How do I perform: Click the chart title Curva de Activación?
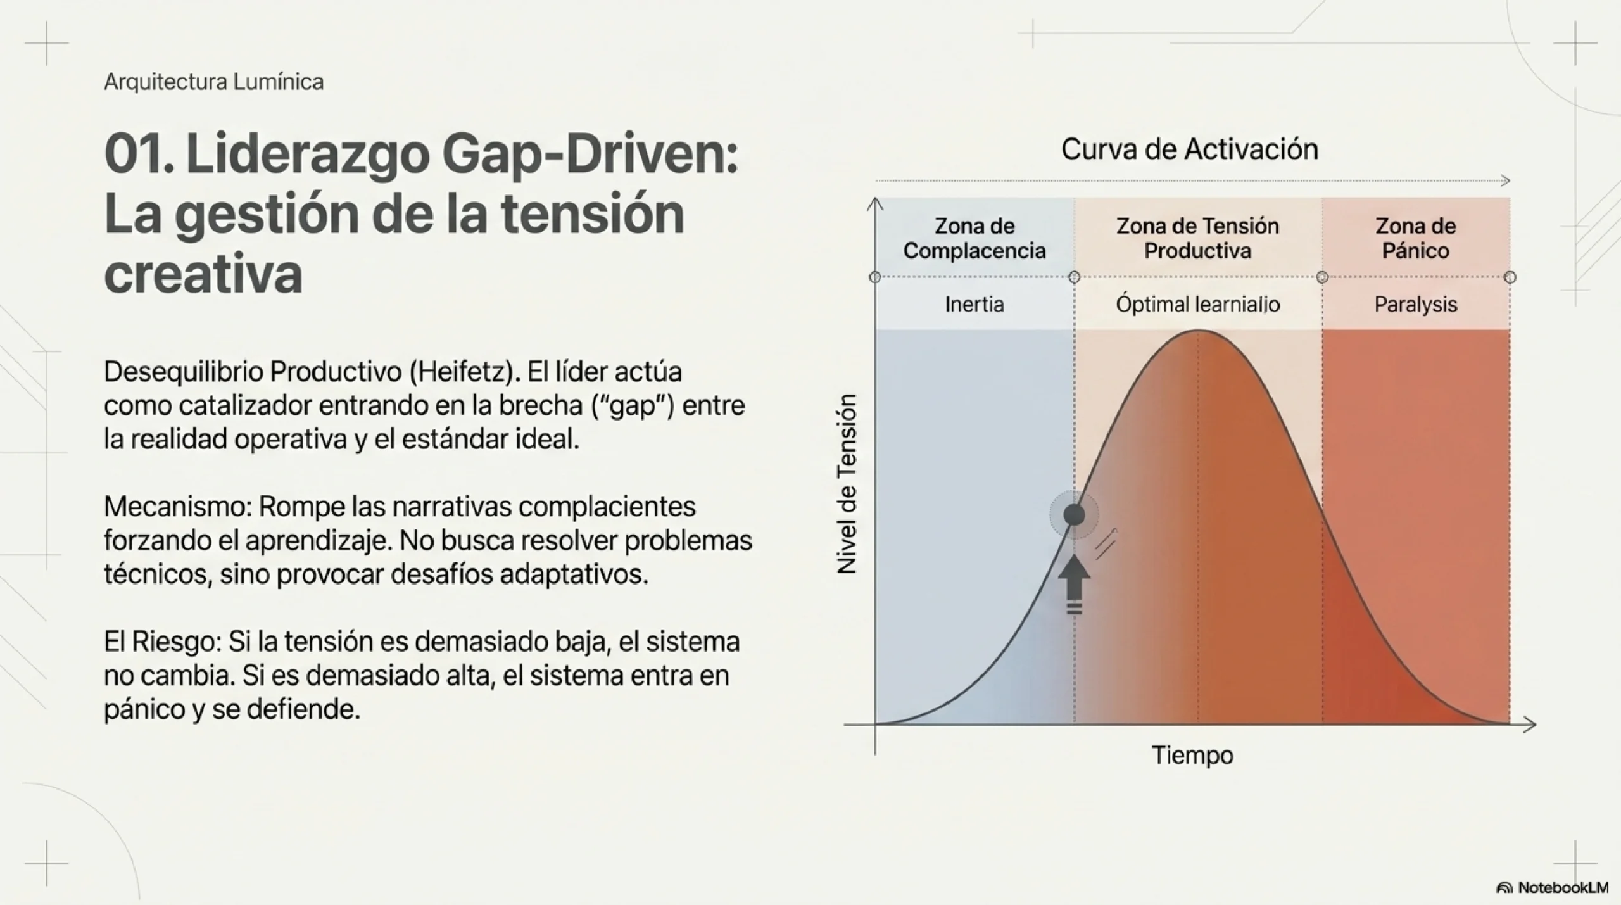coord(1189,149)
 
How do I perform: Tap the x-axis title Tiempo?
coord(1192,755)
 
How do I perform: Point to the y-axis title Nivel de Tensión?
coord(847,484)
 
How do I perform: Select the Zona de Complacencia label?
coord(974,238)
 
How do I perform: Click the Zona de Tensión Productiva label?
coord(1197,238)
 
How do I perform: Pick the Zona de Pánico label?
coord(1415,238)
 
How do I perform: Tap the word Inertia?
coord(974,305)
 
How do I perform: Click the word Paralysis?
coord(1415,305)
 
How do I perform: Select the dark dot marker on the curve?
coord(1074,515)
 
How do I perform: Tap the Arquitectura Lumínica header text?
coord(213,82)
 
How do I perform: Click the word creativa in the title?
coord(203,274)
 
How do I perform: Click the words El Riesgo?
coord(162,642)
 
